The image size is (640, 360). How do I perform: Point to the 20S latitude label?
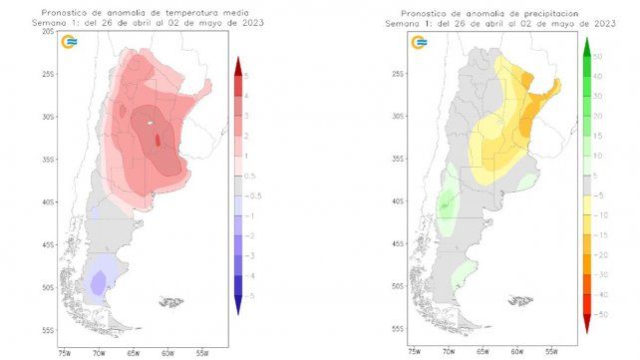tap(48, 32)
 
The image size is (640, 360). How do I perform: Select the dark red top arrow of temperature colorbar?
tap(238, 62)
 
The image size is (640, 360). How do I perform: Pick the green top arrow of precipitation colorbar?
tap(587, 44)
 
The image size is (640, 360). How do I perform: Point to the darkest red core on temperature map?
tap(158, 140)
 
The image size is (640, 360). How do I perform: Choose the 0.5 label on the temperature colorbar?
tap(254, 176)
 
